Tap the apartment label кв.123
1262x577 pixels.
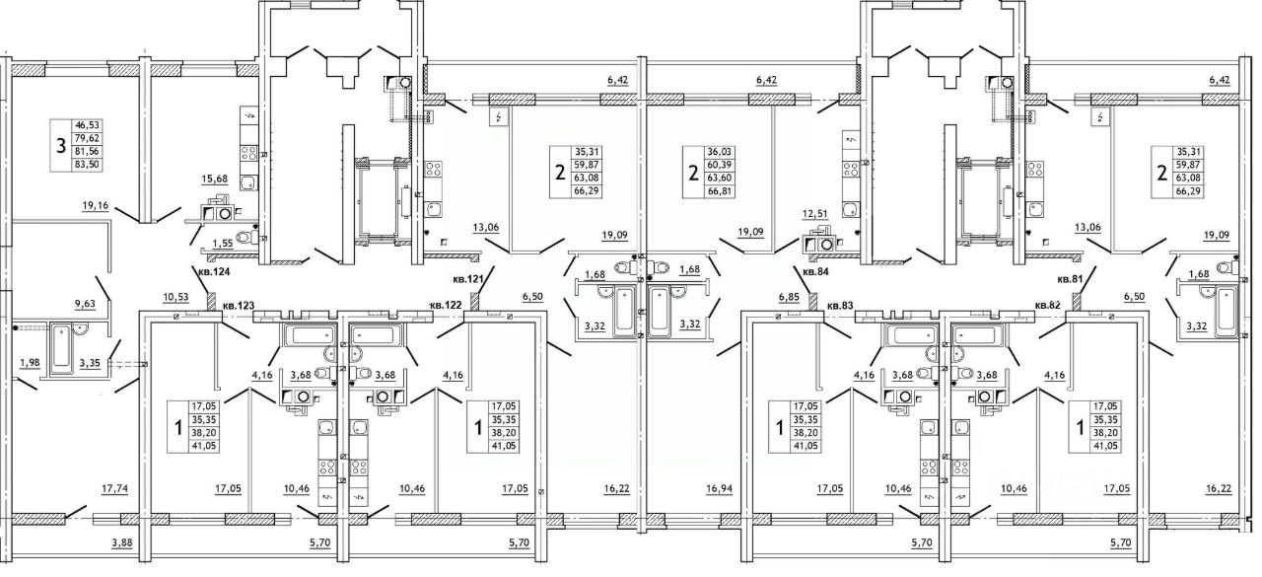point(239,306)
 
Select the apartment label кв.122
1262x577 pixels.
point(448,306)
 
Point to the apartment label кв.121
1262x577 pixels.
point(468,279)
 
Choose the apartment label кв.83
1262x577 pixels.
point(839,306)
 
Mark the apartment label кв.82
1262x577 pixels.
point(1048,306)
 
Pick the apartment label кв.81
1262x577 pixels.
point(1072,279)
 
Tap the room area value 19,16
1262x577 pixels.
point(97,206)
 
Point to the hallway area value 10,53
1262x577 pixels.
point(176,296)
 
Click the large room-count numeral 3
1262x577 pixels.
point(64,147)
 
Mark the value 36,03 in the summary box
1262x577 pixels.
point(721,151)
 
